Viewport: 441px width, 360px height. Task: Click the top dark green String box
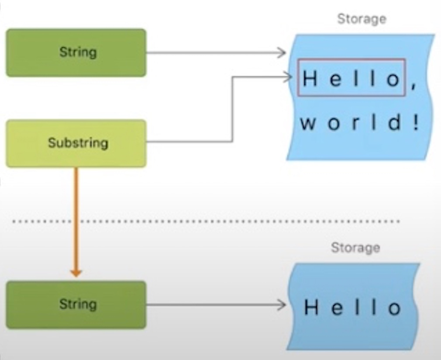[76, 53]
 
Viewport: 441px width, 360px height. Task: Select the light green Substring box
[76, 143]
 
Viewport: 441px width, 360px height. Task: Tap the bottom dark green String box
[76, 305]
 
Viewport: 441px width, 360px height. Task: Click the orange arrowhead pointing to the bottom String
[76, 273]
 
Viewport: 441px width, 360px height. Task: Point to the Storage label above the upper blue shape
[362, 19]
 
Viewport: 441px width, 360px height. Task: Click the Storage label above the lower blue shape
[355, 248]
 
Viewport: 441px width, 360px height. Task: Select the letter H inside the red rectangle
[310, 79]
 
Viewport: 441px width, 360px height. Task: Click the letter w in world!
[307, 124]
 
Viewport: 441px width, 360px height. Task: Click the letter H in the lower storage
[311, 308]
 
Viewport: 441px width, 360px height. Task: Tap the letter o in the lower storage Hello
[394, 308]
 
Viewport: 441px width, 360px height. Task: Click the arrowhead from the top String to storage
[283, 53]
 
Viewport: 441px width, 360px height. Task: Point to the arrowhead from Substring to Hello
[288, 77]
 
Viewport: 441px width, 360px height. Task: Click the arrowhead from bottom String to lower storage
[283, 305]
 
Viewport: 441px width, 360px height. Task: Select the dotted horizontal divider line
[205, 222]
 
